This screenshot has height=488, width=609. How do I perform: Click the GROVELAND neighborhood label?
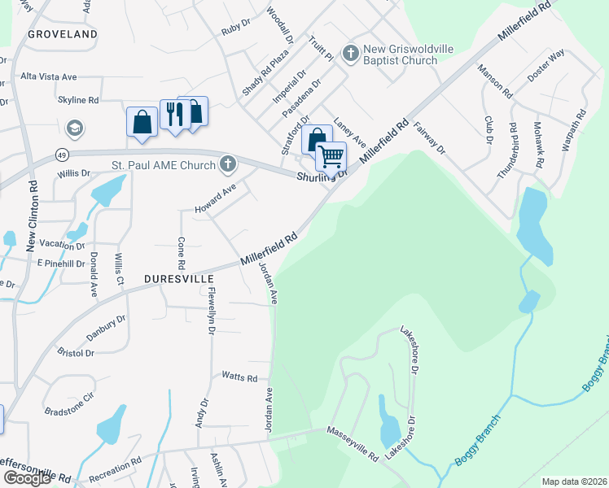(x=62, y=34)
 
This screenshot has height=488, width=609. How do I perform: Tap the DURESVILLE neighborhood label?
(x=180, y=277)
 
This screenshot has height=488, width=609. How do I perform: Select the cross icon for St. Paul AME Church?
(x=228, y=165)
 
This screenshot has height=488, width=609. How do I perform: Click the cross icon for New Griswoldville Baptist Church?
(x=350, y=54)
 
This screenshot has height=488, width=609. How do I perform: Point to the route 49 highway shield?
(x=61, y=154)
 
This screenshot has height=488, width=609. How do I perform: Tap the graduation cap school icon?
(x=75, y=129)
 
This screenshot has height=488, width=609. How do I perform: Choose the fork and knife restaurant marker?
(x=173, y=115)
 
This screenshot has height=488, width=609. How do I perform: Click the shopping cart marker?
(x=331, y=155)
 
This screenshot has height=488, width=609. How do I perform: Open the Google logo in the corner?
(x=28, y=477)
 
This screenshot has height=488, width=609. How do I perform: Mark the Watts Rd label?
(x=239, y=377)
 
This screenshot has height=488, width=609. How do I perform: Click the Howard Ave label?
(x=215, y=199)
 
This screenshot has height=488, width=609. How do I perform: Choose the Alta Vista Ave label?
(x=49, y=76)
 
